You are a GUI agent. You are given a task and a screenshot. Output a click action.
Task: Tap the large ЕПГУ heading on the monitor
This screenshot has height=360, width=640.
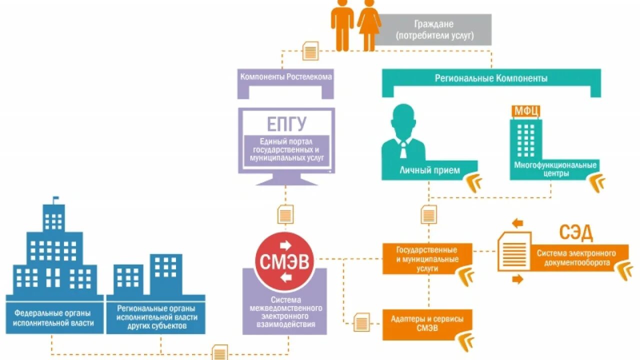[285, 123]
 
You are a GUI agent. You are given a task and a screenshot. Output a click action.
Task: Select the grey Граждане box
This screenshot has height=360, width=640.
[434, 30]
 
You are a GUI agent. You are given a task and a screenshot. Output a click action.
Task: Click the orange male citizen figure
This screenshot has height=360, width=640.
[342, 24]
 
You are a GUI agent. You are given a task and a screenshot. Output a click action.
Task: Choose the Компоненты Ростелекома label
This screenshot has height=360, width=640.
[286, 77]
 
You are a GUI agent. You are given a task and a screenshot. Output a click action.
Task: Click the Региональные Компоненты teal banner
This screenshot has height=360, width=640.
[491, 78]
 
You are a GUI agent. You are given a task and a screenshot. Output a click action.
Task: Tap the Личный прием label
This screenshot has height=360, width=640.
[429, 170]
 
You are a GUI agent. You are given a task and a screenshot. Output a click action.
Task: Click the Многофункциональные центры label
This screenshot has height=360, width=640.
[555, 169]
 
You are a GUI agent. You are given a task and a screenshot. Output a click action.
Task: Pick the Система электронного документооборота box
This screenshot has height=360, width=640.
[576, 257]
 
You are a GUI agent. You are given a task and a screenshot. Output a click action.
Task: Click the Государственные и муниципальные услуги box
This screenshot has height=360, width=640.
[426, 258]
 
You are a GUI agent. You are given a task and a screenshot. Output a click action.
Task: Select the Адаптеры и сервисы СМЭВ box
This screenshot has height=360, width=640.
[426, 323]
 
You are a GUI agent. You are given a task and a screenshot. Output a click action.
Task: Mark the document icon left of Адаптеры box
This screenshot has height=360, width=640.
[361, 322]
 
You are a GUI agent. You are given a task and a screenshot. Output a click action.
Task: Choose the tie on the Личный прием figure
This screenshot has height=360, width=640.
[403, 148]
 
